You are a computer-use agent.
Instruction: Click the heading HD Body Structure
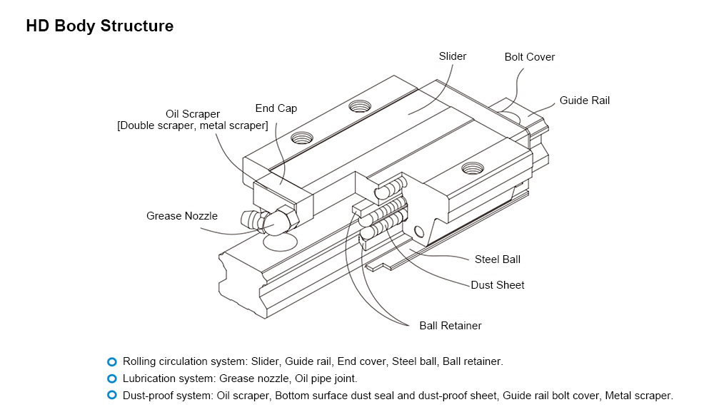point(99,26)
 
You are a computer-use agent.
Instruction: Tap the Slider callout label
point(453,56)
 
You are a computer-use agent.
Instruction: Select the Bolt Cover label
point(529,57)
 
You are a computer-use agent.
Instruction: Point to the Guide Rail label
point(584,101)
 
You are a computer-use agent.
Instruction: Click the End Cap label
point(276,108)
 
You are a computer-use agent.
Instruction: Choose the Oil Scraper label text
point(193,114)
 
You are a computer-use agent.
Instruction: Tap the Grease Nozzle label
point(182,216)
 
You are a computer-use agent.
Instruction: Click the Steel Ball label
point(498,259)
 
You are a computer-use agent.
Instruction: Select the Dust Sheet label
point(497,285)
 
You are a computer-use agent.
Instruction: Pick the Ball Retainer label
point(450,326)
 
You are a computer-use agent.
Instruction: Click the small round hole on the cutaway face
point(418,230)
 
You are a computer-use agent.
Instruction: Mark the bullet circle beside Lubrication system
point(111,379)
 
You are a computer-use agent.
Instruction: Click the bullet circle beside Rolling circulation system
point(111,361)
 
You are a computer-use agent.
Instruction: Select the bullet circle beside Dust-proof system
point(111,396)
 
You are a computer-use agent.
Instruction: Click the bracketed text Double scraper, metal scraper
point(193,126)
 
